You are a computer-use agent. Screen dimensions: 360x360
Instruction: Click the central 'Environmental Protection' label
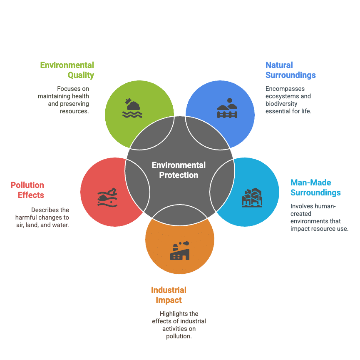179,170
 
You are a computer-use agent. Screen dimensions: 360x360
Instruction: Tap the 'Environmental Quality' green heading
67,70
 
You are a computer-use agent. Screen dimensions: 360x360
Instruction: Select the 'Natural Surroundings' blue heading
290,70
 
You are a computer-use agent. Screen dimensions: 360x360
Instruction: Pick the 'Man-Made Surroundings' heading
315,187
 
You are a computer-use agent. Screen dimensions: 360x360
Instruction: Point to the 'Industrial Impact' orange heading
169,295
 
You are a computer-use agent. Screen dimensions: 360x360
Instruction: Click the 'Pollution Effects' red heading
27,190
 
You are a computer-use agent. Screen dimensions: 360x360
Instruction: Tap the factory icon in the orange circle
180,251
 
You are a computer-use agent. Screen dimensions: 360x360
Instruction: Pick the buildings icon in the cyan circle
252,198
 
